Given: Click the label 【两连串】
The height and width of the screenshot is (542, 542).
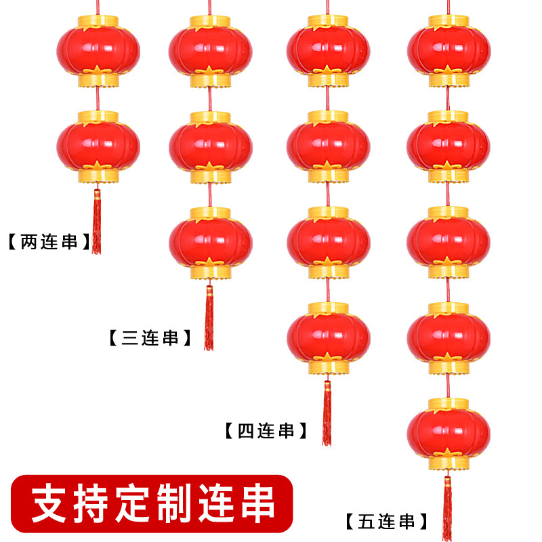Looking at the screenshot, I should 48,242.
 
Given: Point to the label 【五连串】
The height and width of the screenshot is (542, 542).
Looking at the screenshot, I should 386,522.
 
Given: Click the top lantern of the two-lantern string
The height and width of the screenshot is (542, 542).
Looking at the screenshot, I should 98,51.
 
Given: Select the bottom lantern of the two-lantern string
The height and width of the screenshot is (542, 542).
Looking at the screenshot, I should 98,146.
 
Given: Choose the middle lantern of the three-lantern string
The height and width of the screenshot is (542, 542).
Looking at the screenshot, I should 210,146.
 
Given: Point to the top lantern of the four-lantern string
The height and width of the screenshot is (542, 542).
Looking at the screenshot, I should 329,51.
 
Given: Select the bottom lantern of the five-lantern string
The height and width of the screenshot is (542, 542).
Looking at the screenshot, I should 448,432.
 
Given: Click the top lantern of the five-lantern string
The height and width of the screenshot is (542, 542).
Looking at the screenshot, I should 448,51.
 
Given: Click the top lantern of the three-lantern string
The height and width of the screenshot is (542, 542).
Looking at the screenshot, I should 210,51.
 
